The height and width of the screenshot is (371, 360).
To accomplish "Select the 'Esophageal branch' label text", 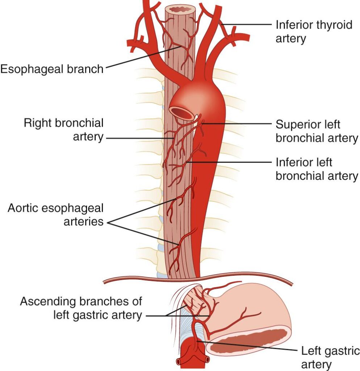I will (52, 69).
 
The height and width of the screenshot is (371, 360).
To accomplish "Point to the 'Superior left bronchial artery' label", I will (316, 131).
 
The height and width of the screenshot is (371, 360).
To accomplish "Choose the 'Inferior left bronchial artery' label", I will (316, 168).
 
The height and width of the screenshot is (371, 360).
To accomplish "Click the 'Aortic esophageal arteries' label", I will (56, 214).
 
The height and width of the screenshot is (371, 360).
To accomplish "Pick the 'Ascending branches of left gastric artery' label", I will (81, 308).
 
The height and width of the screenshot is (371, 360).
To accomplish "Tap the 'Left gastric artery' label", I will (330, 357).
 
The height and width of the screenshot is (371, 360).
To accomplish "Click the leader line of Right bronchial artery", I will (138, 138).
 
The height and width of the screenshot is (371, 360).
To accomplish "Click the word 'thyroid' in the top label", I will (332, 25).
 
